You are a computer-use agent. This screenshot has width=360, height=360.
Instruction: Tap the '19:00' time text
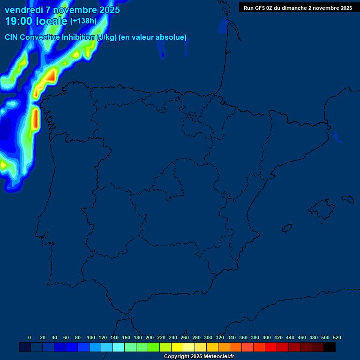(18, 21)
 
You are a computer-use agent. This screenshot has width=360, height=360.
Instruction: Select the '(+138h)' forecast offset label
(83, 21)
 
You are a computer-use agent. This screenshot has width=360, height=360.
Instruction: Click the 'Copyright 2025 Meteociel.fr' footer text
(199, 357)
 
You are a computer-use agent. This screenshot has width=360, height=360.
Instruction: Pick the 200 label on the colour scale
(150, 337)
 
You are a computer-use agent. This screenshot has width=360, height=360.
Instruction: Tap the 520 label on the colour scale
(337, 337)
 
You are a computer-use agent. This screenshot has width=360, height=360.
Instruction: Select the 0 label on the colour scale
(30, 337)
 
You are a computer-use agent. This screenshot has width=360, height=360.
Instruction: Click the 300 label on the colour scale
(208, 337)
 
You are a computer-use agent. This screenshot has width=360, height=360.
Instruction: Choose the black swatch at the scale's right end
(330, 347)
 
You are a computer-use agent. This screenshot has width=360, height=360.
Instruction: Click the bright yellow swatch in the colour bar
(177, 347)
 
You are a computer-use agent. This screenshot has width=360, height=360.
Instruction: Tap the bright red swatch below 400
(271, 347)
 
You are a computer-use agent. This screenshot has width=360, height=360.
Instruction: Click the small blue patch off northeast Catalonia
(337, 137)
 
